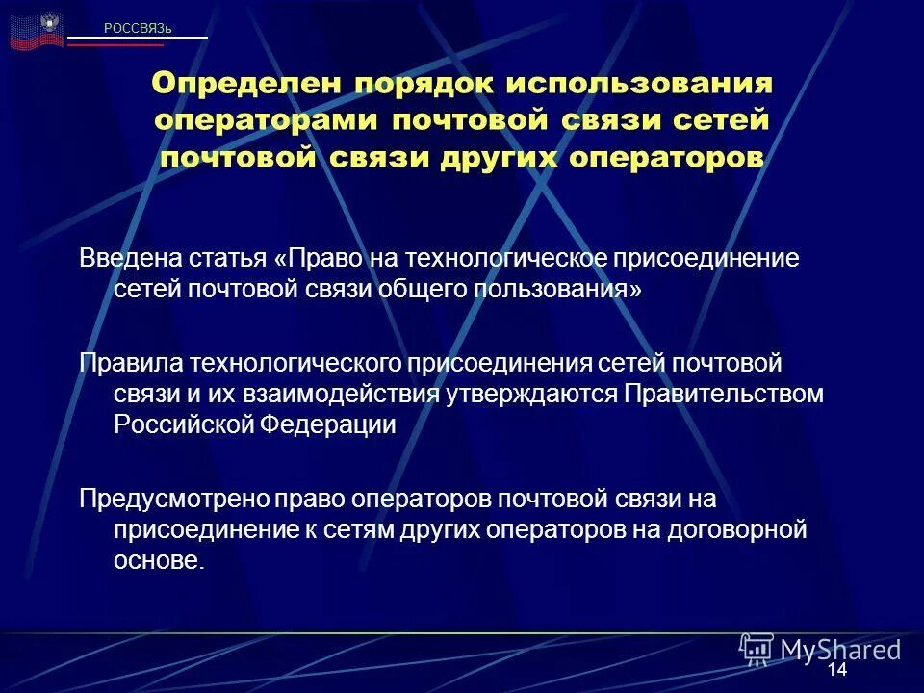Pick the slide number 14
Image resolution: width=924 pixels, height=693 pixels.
(x=836, y=669)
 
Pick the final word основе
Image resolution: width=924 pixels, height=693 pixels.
(x=159, y=561)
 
